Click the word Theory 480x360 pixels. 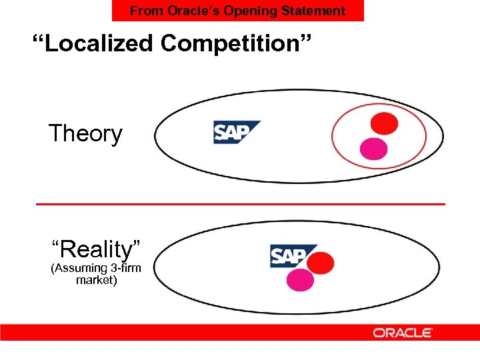[x=85, y=134]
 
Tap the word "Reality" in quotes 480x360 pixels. [x=96, y=250]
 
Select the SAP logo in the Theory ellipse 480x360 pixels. [x=235, y=132]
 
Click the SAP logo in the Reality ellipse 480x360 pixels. [x=288, y=256]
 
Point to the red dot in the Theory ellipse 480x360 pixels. [x=384, y=123]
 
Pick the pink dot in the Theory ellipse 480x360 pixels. [x=373, y=149]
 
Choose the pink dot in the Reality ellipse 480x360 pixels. [x=300, y=280]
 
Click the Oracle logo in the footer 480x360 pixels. [x=403, y=332]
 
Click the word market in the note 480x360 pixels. [x=97, y=280]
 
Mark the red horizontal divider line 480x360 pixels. [x=240, y=203]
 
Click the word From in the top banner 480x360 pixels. [x=143, y=11]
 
